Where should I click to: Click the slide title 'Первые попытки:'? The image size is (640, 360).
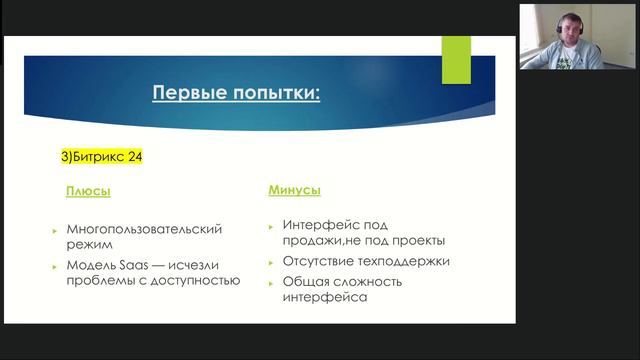[236, 94]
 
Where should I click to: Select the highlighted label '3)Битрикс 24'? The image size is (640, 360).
[105, 156]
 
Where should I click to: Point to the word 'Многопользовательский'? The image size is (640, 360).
[142, 229]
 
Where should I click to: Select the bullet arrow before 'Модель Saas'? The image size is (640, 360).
[56, 265]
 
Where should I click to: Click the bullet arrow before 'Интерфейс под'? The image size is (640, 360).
[272, 225]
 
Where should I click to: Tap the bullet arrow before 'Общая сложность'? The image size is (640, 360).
[272, 282]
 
